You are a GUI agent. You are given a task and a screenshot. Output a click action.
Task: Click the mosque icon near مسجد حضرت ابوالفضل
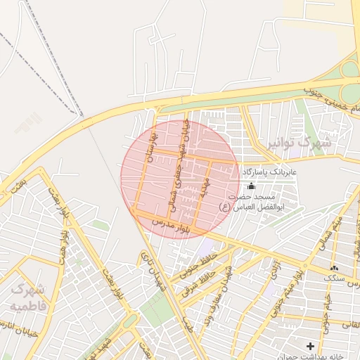252,186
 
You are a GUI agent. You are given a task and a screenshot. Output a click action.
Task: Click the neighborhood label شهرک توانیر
298,143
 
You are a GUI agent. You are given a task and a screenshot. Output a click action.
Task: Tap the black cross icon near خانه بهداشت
310,346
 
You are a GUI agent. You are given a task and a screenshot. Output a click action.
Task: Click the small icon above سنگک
333,268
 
